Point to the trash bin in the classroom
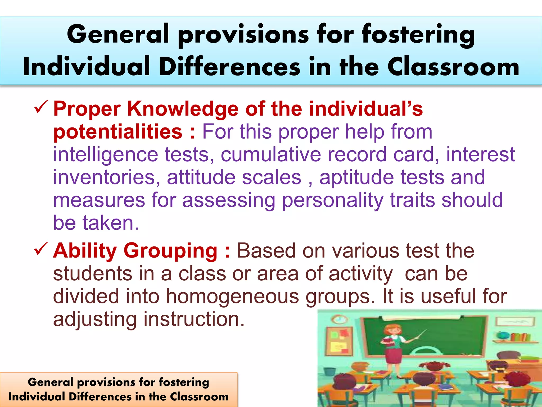[x=328, y=371]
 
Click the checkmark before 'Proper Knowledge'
[x=41, y=107]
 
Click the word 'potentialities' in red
[x=118, y=132]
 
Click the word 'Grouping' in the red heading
[x=170, y=251]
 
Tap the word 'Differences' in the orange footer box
[x=100, y=397]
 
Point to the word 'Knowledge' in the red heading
[x=183, y=109]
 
